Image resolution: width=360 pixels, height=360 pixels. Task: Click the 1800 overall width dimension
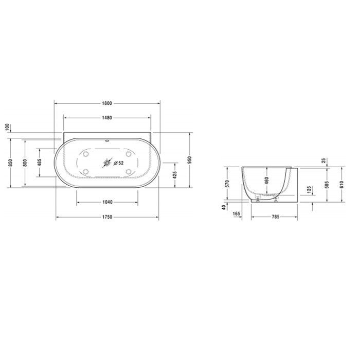(x=107, y=103)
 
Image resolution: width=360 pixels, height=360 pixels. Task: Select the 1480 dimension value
(x=107, y=118)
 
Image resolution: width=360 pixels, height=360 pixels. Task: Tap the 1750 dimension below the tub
(x=107, y=217)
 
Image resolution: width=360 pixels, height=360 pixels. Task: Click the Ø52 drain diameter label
(x=118, y=164)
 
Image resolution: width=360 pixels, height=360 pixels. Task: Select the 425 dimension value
(x=175, y=175)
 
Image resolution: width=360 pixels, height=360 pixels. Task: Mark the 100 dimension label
(x=8, y=127)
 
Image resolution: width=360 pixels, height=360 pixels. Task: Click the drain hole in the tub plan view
(x=107, y=164)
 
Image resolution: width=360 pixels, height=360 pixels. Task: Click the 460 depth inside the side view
(x=267, y=181)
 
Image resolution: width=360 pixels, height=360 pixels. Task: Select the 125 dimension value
(x=309, y=190)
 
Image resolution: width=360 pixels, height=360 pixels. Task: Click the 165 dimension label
(x=236, y=213)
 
